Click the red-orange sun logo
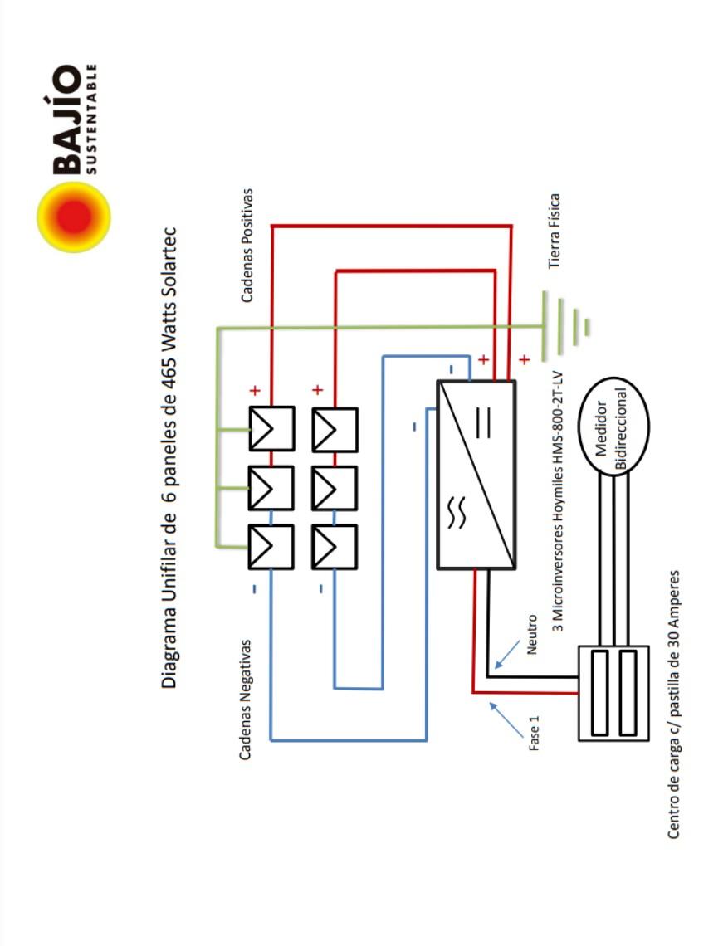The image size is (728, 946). [x=74, y=217]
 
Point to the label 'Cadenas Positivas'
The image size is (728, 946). [x=247, y=246]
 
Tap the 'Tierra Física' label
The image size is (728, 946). [x=555, y=231]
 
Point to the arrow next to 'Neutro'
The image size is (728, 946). [x=506, y=656]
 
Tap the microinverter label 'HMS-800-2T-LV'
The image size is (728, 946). [x=558, y=431]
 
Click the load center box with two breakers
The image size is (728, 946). [x=613, y=693]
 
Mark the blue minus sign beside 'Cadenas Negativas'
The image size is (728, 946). [x=254, y=589]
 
